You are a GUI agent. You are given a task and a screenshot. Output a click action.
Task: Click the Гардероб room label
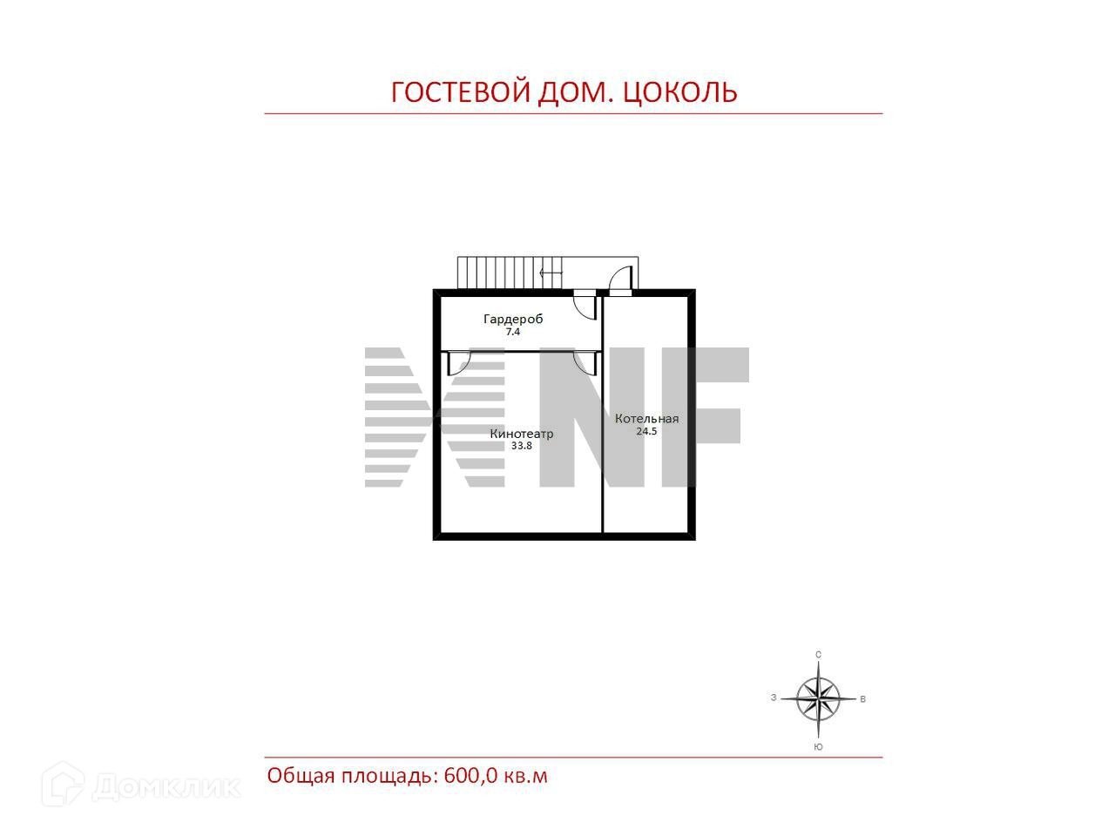(x=513, y=320)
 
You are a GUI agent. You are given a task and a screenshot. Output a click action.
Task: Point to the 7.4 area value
(x=513, y=332)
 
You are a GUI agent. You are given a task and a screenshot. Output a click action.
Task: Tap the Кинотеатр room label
(x=522, y=434)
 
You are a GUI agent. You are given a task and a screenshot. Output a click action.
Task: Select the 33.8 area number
(x=522, y=446)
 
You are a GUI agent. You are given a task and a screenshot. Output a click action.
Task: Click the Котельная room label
(x=646, y=419)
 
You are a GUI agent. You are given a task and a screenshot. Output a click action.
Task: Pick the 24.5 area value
(x=646, y=431)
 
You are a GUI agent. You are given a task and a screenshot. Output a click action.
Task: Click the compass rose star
(x=818, y=698)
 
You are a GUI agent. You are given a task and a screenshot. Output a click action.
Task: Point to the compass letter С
(x=818, y=655)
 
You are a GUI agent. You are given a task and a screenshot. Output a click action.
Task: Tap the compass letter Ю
(x=818, y=747)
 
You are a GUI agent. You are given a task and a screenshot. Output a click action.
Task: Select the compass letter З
(x=774, y=698)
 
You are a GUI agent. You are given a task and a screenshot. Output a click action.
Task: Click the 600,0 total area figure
(x=471, y=775)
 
